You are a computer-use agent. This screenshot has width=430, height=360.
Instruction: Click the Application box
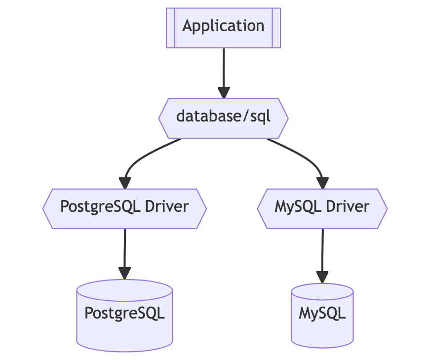(223, 28)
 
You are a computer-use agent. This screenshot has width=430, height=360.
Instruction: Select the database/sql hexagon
(223, 118)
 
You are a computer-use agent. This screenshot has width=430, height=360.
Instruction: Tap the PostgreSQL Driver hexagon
(124, 208)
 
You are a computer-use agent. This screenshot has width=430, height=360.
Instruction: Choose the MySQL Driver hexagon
(322, 208)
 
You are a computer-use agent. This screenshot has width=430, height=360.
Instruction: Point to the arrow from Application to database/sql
(224, 69)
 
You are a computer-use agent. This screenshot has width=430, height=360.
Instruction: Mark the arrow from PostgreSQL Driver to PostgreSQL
(124, 249)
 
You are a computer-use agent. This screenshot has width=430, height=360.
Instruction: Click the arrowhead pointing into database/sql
(224, 93)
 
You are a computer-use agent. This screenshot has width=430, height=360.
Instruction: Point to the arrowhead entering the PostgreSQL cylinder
(124, 273)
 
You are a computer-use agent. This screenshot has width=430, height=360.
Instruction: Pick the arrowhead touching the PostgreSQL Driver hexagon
(125, 183)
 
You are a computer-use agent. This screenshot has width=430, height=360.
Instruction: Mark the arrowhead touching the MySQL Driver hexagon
(322, 183)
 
